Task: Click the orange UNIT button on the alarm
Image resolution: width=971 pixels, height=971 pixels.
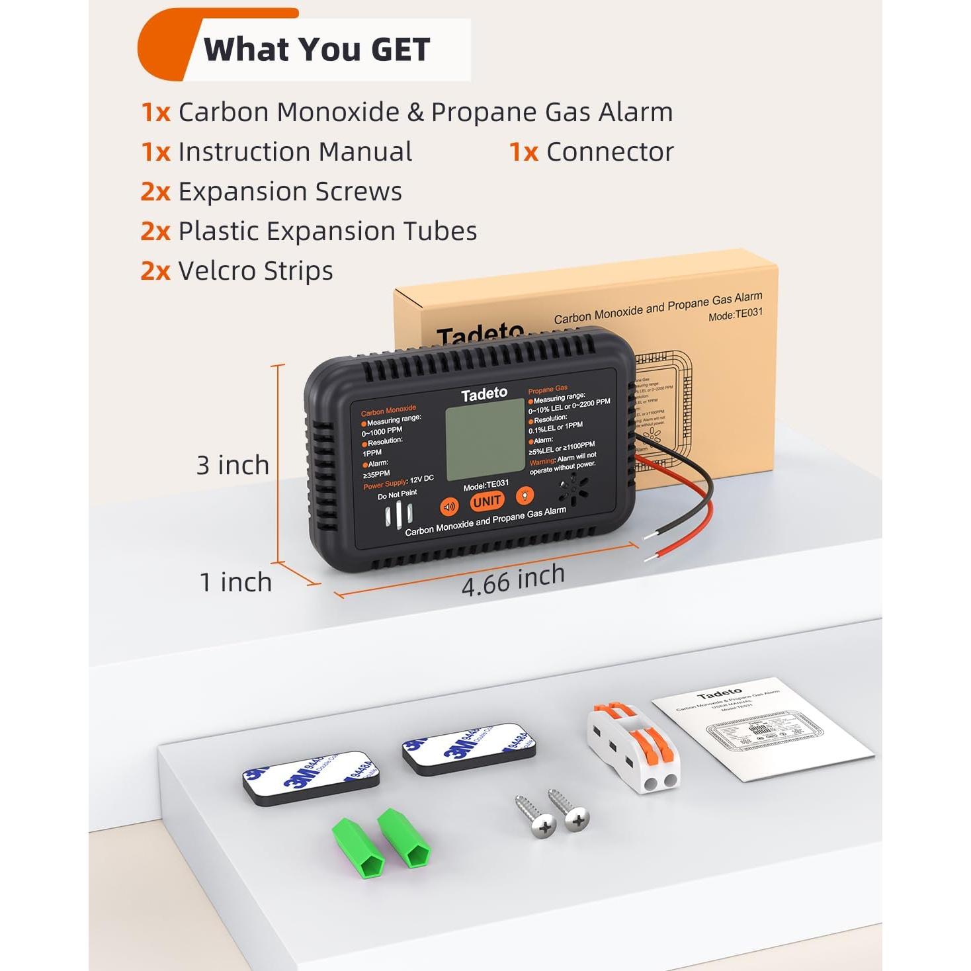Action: (x=487, y=502)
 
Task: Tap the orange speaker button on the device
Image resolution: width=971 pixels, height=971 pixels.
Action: (x=449, y=507)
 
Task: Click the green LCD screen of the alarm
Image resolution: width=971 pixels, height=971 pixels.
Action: (x=485, y=439)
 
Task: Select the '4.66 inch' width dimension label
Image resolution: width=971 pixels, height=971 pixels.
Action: (x=513, y=580)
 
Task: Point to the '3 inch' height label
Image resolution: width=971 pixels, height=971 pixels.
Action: (x=233, y=465)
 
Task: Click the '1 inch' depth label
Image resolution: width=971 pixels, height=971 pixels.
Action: (x=236, y=582)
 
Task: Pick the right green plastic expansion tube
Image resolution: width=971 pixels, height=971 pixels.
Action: (x=405, y=837)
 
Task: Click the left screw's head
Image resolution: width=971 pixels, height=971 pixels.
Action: (x=544, y=827)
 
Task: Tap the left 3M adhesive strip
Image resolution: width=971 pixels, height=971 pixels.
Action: (x=310, y=777)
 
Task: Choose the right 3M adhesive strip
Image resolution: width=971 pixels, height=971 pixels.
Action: (x=469, y=747)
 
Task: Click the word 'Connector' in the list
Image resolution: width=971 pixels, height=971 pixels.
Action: (x=609, y=152)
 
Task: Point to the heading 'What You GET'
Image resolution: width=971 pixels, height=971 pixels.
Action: (x=317, y=50)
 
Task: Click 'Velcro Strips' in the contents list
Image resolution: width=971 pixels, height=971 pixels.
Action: (x=255, y=271)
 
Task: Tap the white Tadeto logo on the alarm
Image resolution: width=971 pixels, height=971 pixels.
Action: (x=484, y=394)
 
